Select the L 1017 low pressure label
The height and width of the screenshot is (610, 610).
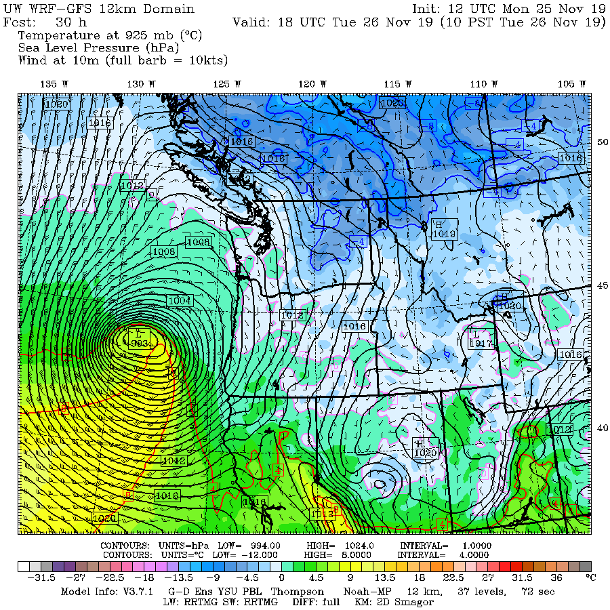coord(480,339)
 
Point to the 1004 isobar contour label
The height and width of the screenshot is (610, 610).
coord(179,300)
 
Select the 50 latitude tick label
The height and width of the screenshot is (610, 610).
coord(602,142)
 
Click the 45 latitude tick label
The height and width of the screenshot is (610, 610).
coord(602,285)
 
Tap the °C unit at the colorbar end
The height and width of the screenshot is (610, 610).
coord(590,578)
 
